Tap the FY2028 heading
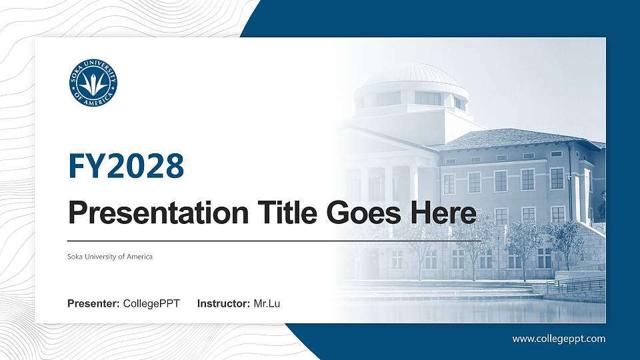[126, 166]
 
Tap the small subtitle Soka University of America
[110, 257]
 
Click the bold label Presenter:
[93, 304]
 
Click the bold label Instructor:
[224, 304]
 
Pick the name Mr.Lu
[267, 304]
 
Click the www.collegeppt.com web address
[559, 339]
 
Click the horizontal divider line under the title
[273, 239]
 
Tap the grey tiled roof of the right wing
[520, 139]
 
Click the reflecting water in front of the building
[467, 310]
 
